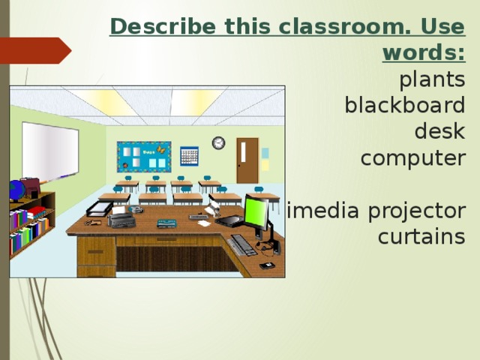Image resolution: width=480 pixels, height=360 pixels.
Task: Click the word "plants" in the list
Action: coord(432,79)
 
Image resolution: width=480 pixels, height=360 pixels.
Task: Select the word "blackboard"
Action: coord(404,105)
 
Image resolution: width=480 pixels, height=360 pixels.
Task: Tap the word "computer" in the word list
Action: coord(412,159)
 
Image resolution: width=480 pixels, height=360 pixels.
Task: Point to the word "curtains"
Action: coord(421,237)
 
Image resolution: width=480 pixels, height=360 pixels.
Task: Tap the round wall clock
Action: coord(218,142)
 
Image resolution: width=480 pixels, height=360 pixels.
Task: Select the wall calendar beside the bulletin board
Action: coord(189,156)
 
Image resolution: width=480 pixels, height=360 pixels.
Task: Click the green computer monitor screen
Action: coord(256,212)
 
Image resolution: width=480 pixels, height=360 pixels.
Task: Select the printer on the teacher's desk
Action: coord(121,219)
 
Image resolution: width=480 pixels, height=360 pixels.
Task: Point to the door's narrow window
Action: coord(243,151)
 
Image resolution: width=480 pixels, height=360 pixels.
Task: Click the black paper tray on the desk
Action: coord(99,208)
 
